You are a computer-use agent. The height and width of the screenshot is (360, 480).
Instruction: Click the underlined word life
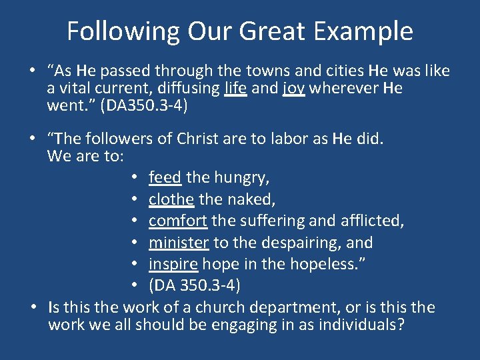pyautogui.click(x=236, y=88)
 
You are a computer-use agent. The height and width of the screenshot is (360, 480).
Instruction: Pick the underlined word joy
pyautogui.click(x=293, y=89)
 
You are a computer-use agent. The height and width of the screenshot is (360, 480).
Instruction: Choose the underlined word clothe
pyautogui.click(x=171, y=199)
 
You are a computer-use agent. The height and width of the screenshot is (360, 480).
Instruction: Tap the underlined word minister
pyautogui.click(x=179, y=242)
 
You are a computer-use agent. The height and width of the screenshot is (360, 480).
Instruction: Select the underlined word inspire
pyautogui.click(x=173, y=264)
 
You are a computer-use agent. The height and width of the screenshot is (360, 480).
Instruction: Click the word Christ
pyautogui.click(x=200, y=139)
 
